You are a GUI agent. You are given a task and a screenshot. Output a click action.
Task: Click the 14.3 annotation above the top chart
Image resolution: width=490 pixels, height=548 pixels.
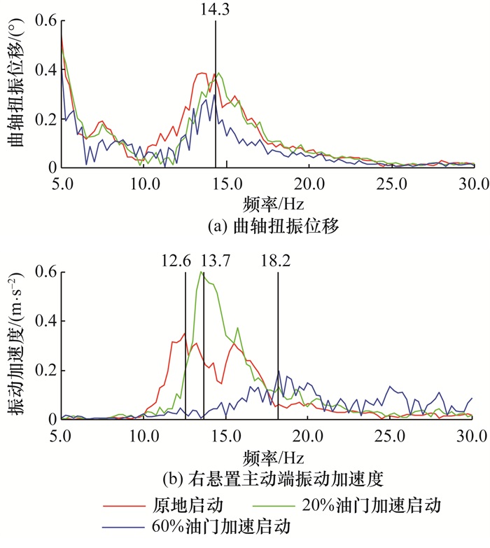216,10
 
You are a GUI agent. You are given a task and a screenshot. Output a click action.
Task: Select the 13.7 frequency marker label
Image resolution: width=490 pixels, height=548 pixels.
216,261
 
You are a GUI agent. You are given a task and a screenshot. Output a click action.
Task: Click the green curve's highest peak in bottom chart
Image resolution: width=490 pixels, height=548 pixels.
202,272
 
